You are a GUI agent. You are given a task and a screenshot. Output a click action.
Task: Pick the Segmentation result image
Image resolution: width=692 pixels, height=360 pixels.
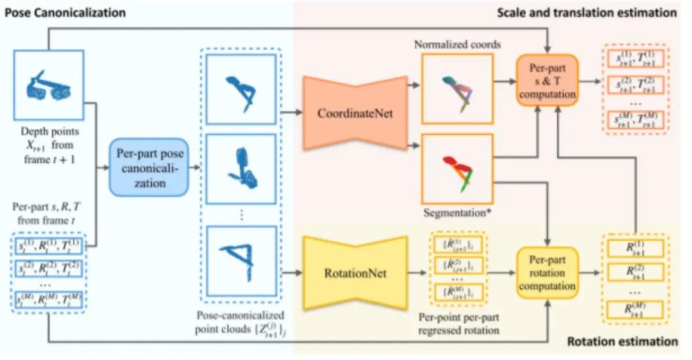click(x=457, y=165)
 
